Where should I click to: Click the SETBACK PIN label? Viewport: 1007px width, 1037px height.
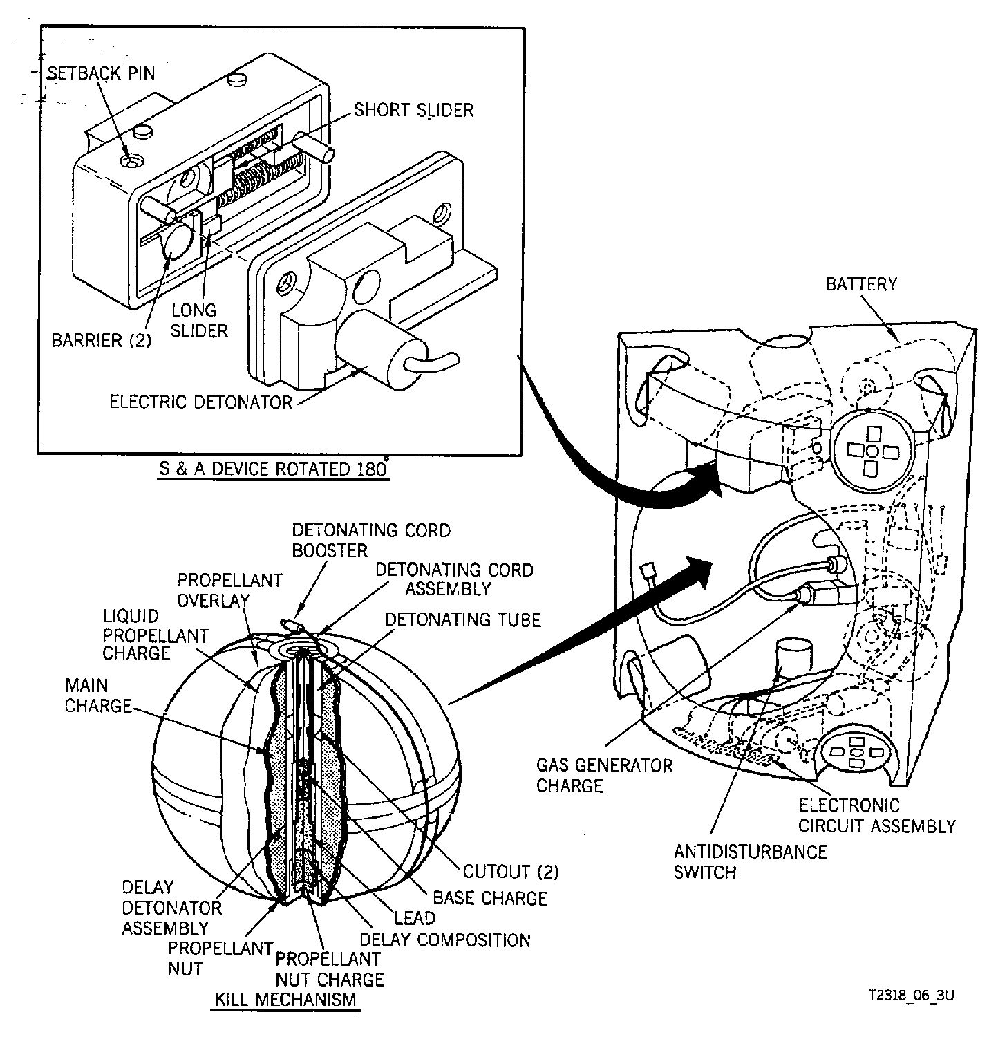[101, 73]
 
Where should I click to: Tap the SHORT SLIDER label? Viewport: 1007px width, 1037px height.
[414, 110]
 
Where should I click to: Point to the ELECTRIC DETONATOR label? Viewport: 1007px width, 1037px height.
[201, 402]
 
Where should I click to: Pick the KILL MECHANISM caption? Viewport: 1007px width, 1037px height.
[285, 999]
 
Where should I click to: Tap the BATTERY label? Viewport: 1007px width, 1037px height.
[861, 284]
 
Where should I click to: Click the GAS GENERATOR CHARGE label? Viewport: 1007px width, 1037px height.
[604, 775]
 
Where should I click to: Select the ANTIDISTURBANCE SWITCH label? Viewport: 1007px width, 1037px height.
[751, 861]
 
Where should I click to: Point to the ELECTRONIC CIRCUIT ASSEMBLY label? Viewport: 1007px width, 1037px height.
[877, 815]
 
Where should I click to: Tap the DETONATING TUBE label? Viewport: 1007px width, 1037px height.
[463, 619]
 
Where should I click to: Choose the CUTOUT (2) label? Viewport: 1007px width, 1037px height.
[511, 872]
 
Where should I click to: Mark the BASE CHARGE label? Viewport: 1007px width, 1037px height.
[490, 898]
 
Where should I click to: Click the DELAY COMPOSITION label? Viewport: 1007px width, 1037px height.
[446, 940]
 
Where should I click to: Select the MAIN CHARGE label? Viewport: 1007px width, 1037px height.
[97, 695]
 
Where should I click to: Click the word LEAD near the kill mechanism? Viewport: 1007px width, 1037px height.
[415, 918]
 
